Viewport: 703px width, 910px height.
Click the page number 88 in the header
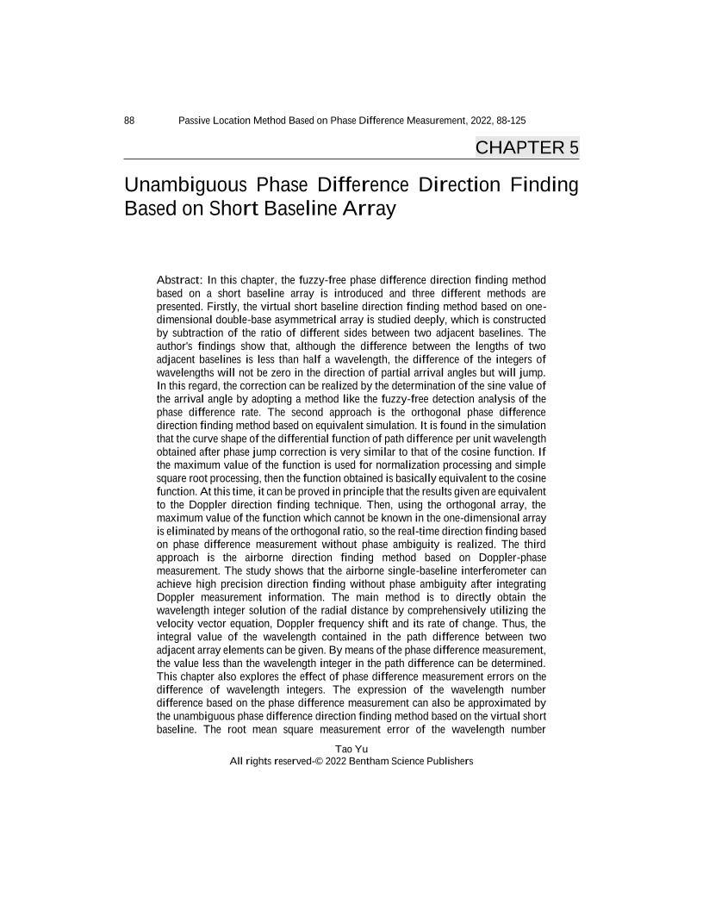pos(129,122)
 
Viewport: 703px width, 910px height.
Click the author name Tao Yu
pos(351,749)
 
